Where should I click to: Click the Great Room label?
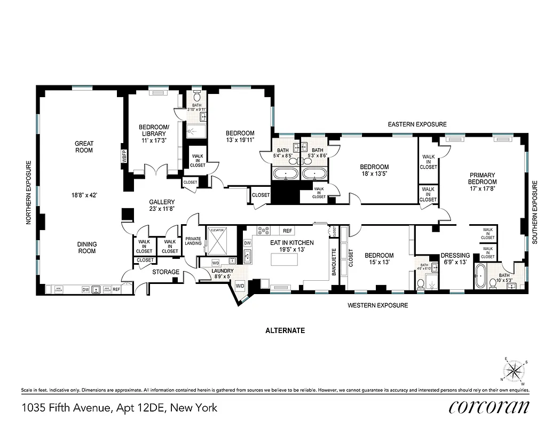[x=84, y=147]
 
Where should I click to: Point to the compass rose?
[x=515, y=370]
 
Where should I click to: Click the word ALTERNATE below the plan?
[x=285, y=330]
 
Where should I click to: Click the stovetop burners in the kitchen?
[x=264, y=231]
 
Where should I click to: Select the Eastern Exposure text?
[x=417, y=124]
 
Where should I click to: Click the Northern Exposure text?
[x=30, y=193]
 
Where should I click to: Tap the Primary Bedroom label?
[x=482, y=178]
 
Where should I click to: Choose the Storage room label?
[x=165, y=272]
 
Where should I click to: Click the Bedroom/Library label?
[x=154, y=130]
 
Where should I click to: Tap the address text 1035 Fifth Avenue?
[x=120, y=408]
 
